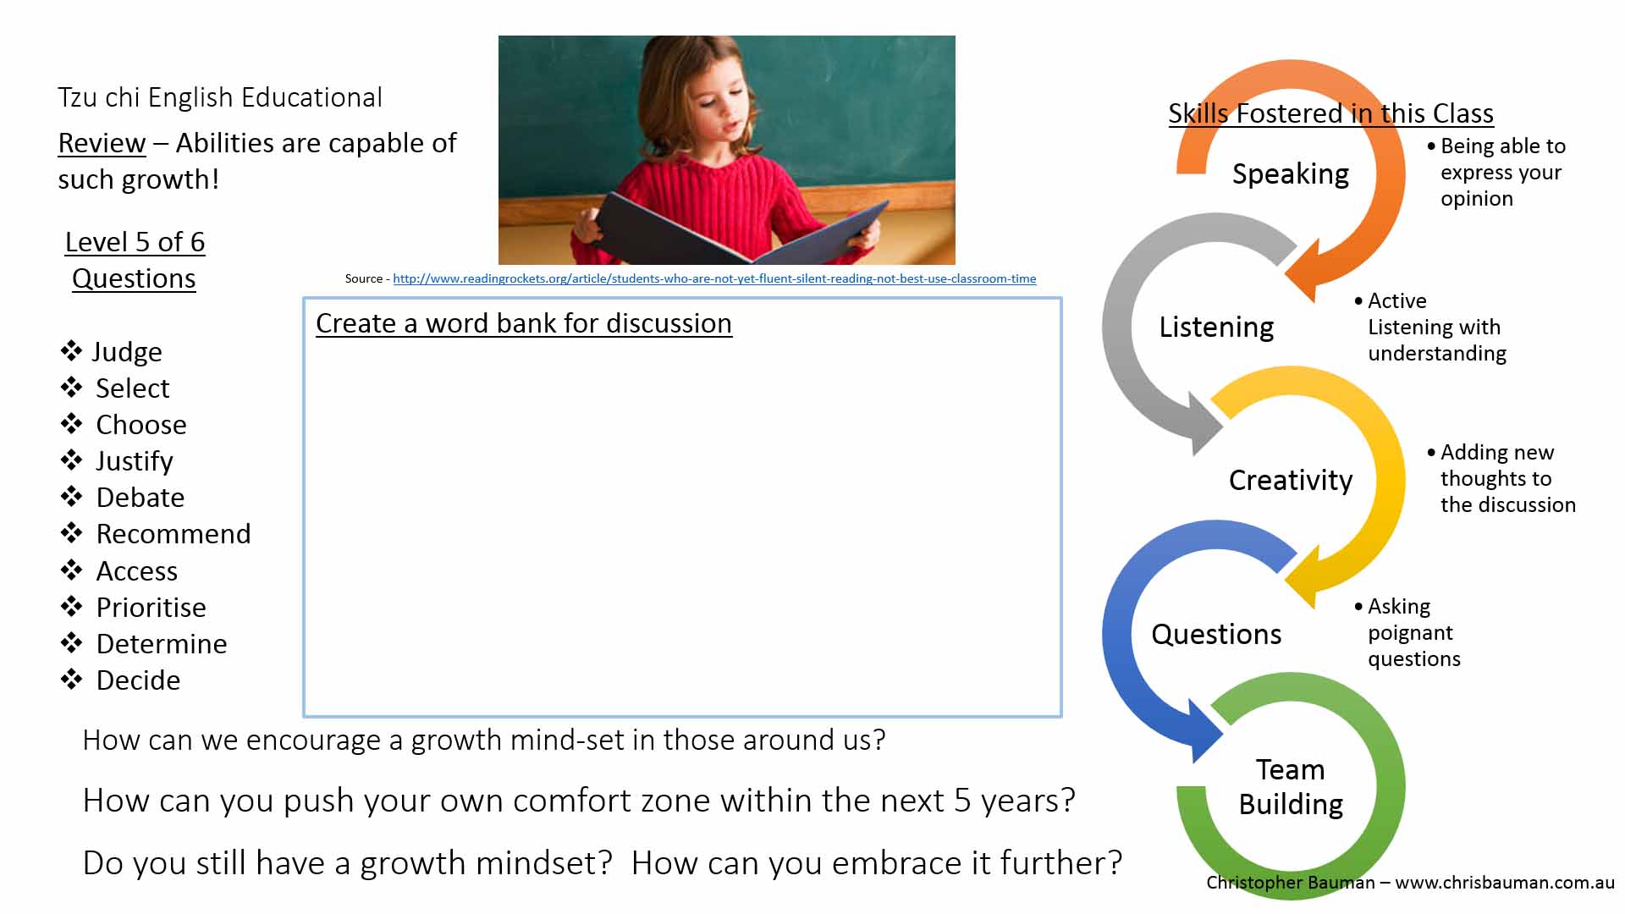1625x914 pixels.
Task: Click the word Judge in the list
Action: point(127,352)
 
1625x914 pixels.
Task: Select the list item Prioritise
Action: point(151,608)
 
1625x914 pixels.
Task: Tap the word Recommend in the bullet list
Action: point(174,534)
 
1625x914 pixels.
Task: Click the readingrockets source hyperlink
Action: point(714,278)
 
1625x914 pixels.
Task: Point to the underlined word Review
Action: point(102,143)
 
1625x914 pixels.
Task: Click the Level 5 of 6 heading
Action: point(135,242)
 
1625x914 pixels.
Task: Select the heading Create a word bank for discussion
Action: point(524,323)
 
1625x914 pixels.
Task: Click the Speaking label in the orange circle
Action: point(1291,174)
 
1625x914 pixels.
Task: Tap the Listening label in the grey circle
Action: point(1216,328)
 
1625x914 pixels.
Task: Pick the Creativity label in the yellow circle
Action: point(1291,481)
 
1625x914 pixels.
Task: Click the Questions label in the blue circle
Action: point(1216,634)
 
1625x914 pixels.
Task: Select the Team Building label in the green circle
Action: point(1291,787)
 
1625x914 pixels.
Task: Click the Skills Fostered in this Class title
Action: point(1330,113)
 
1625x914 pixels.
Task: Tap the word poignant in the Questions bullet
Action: point(1410,633)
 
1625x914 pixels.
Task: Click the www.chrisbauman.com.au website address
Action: point(1505,883)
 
